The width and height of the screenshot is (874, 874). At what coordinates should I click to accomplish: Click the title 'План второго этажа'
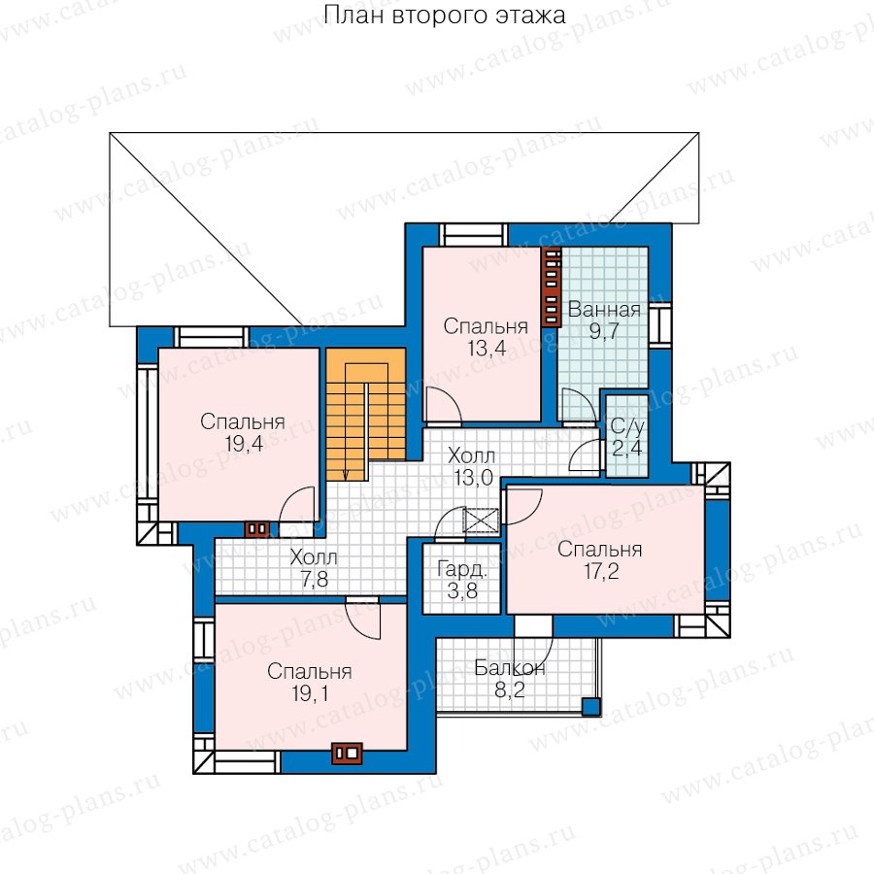(x=444, y=15)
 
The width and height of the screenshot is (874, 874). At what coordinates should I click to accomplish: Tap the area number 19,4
(x=244, y=444)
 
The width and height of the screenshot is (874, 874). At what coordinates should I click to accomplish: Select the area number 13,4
(x=487, y=349)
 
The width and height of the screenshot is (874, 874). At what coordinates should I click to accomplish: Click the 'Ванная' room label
(x=604, y=310)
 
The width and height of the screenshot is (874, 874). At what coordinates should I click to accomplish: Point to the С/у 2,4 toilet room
(x=627, y=436)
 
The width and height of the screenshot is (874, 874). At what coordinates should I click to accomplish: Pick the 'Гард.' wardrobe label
(x=462, y=569)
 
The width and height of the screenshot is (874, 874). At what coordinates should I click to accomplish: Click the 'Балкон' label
(x=510, y=668)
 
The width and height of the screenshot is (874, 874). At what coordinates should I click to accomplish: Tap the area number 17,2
(x=601, y=571)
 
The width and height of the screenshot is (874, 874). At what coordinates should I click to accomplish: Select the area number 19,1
(x=310, y=693)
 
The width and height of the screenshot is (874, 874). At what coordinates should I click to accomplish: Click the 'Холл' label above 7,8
(x=314, y=556)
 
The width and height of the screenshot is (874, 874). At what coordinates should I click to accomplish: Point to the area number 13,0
(x=473, y=478)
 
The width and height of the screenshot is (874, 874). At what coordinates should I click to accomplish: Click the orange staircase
(x=366, y=414)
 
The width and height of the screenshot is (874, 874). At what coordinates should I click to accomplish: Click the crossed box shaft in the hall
(x=481, y=521)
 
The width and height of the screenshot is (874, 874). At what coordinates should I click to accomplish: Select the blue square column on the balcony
(x=590, y=707)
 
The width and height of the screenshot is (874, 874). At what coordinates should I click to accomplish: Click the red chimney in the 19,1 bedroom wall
(x=348, y=753)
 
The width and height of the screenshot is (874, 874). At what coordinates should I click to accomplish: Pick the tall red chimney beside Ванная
(x=552, y=286)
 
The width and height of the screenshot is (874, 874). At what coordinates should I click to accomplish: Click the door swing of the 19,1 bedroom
(x=363, y=618)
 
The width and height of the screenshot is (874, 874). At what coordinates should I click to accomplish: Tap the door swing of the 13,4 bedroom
(x=444, y=406)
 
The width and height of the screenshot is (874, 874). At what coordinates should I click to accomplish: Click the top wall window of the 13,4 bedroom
(x=474, y=235)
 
